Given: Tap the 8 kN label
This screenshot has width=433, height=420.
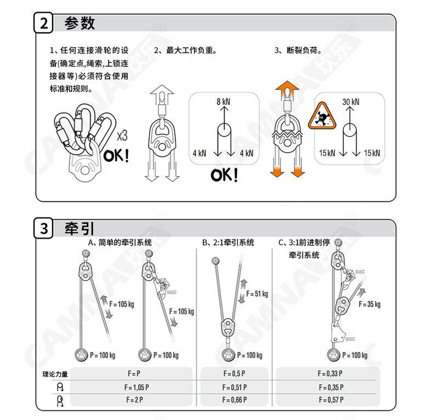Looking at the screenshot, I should [223, 102].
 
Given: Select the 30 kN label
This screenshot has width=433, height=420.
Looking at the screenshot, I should [351, 102].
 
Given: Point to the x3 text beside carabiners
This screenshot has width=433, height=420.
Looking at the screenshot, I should [122, 135].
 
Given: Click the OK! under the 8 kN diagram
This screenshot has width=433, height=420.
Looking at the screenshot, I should [225, 175].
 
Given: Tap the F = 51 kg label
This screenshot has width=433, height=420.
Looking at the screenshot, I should [257, 294].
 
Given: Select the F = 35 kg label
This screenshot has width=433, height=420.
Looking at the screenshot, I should [369, 304].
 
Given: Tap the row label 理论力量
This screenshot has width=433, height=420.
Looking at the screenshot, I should [55, 374].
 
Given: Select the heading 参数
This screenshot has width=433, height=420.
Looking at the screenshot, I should [79, 24].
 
